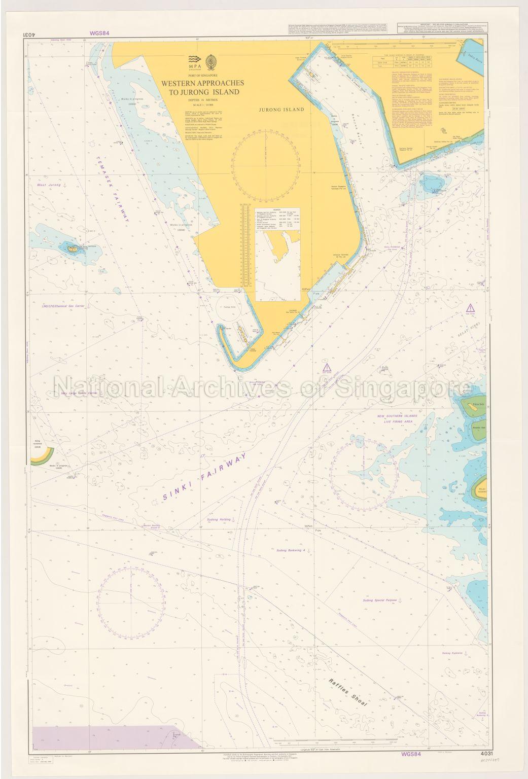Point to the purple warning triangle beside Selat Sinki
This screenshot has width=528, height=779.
pyautogui.click(x=472, y=307)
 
